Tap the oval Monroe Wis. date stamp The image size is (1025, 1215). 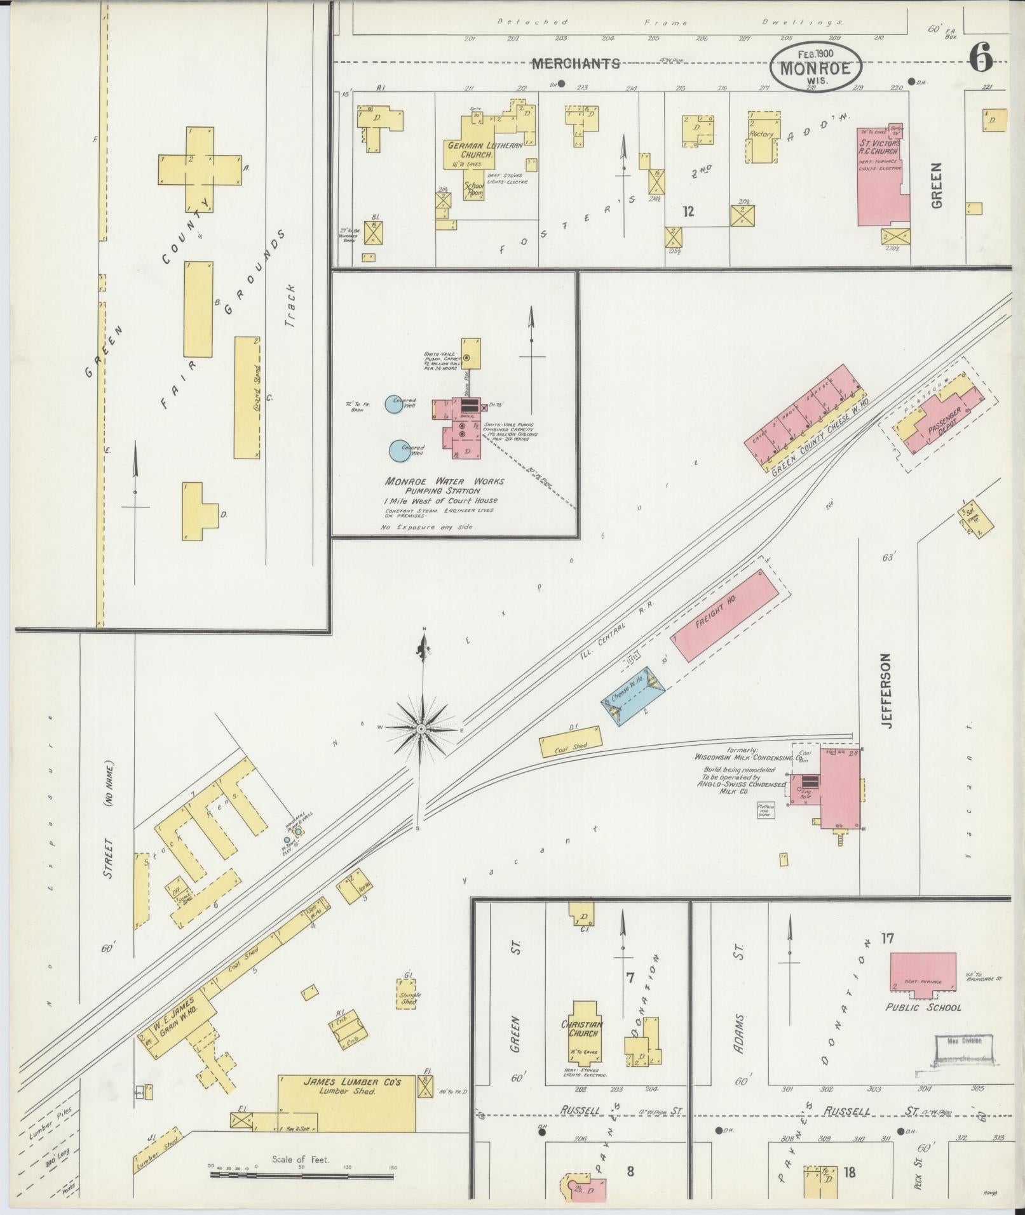pos(816,67)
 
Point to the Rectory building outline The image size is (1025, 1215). pos(761,140)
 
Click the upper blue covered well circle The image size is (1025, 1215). pos(394,405)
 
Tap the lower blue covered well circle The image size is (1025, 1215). pos(399,450)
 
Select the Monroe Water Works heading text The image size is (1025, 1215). pos(444,481)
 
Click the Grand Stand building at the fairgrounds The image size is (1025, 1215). pos(247,397)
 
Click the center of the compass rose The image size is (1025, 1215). pos(421,728)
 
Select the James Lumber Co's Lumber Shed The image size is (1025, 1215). pos(347,1103)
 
